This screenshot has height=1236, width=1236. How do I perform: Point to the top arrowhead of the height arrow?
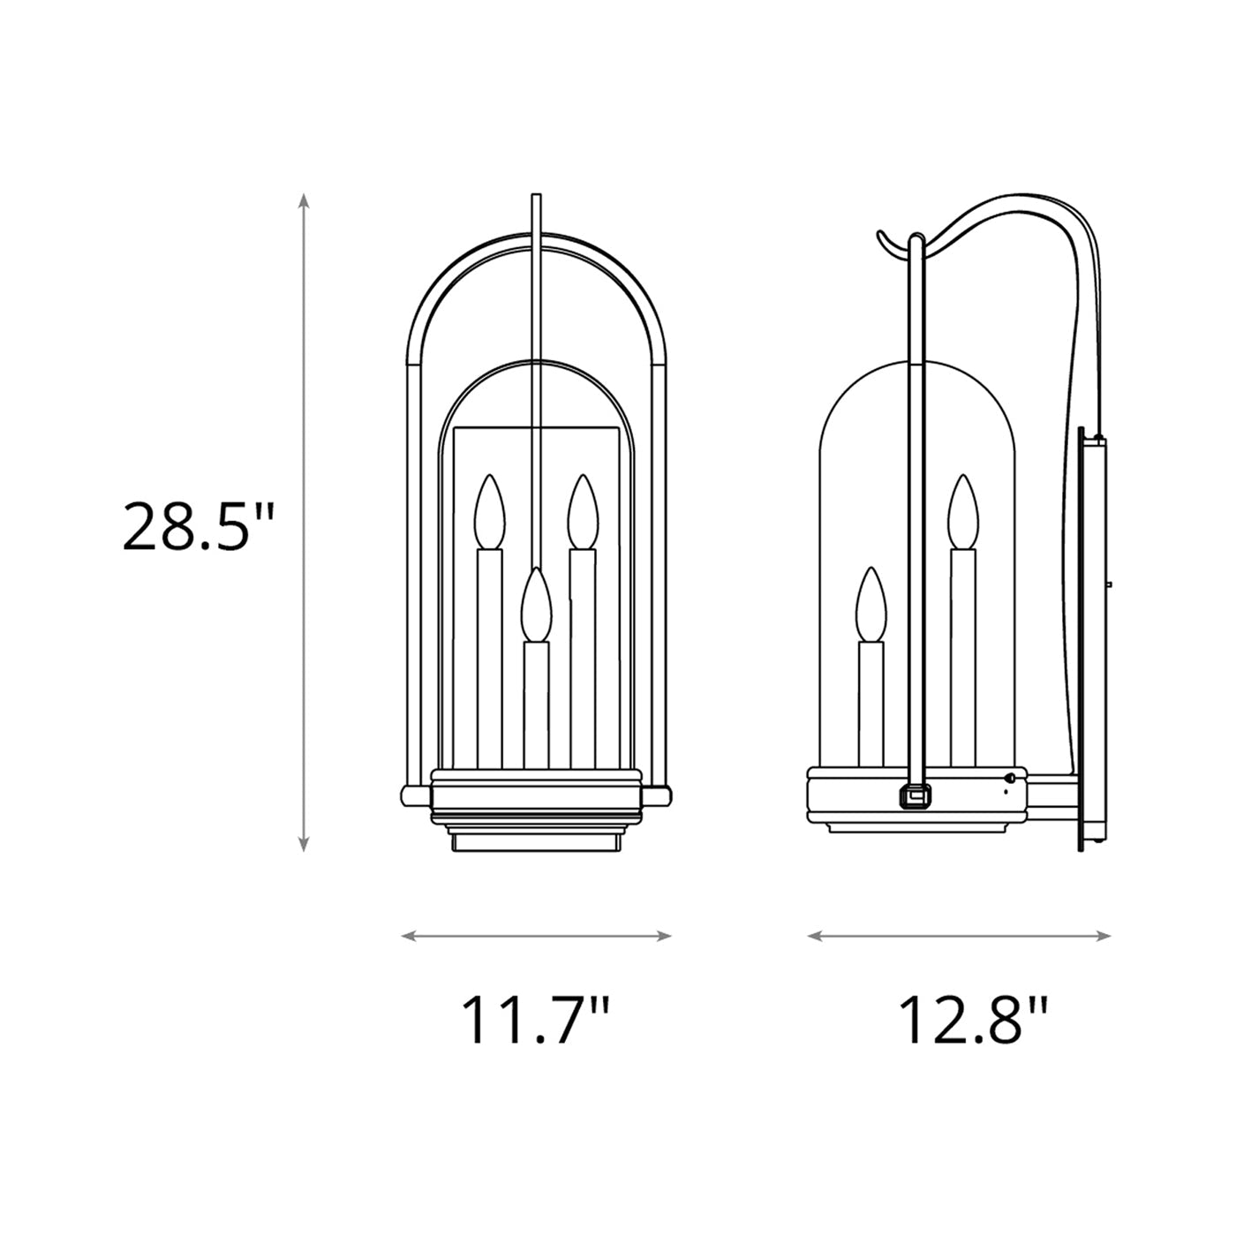303,200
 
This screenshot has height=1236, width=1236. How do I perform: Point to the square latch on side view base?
916,795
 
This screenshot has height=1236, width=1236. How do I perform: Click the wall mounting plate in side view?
1090,640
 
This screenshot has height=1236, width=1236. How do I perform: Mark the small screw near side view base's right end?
1010,778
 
